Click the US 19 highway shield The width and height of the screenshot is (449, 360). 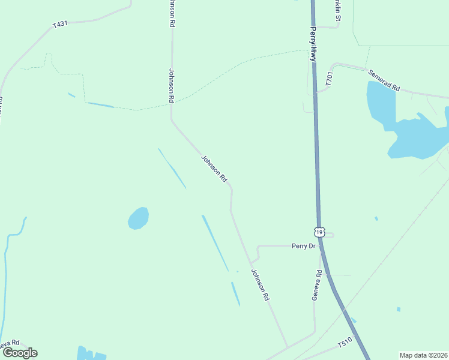319,232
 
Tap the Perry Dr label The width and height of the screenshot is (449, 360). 303,246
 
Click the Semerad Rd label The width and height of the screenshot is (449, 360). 384,79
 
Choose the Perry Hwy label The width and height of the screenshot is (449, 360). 313,43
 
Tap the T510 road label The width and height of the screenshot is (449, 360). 344,344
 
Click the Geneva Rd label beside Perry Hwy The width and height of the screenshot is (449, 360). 317,285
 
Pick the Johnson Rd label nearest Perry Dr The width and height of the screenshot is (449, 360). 260,284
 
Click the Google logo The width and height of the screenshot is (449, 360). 19,353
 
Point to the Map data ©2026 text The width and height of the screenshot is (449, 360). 423,355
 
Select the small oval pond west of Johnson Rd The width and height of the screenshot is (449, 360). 138,218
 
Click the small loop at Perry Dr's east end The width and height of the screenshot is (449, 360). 331,235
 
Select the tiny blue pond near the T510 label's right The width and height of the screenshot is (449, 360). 399,310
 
